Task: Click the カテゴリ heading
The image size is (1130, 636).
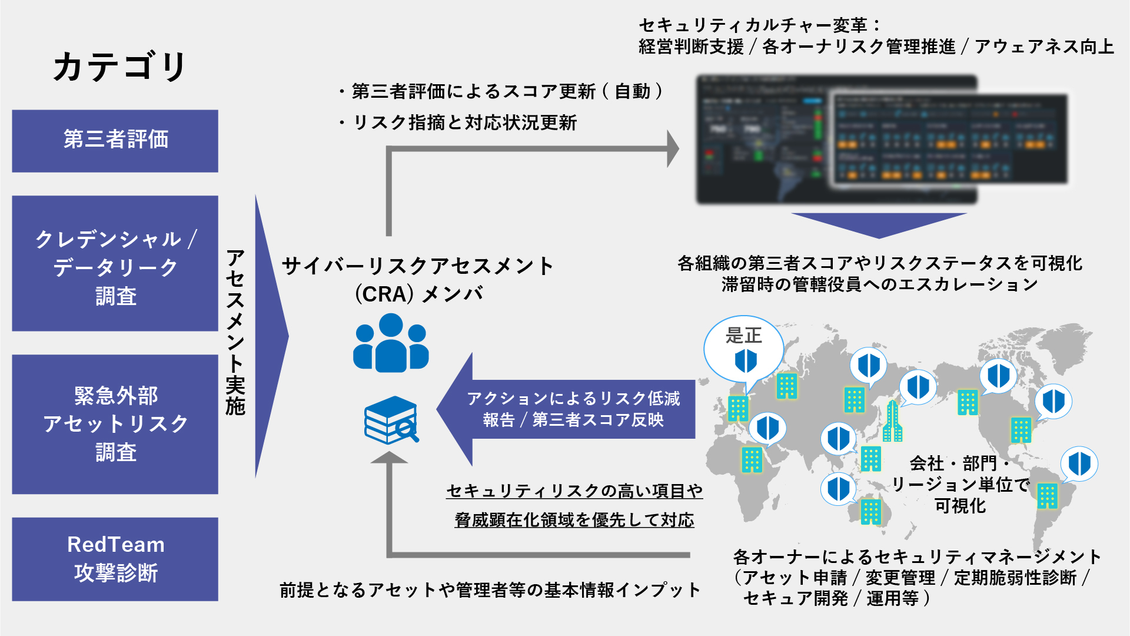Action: pyautogui.click(x=119, y=66)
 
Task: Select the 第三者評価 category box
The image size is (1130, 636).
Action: pyautogui.click(x=115, y=141)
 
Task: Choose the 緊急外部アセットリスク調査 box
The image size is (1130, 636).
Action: pyautogui.click(x=115, y=424)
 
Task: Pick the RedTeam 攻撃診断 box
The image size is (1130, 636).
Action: pyautogui.click(x=115, y=559)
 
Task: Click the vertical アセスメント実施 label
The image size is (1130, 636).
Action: pyautogui.click(x=235, y=333)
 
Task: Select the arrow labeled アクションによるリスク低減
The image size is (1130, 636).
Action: pyautogui.click(x=565, y=409)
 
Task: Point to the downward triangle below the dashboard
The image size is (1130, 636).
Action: pyautogui.click(x=879, y=224)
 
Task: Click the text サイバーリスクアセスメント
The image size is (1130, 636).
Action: pyautogui.click(x=418, y=266)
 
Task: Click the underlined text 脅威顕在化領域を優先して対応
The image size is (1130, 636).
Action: pyautogui.click(x=574, y=520)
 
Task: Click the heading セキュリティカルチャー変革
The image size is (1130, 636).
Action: pyautogui.click(x=759, y=25)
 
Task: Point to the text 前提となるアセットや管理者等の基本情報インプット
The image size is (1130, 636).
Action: pyautogui.click(x=490, y=590)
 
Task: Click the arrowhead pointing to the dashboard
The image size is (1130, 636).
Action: pyautogui.click(x=672, y=149)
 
